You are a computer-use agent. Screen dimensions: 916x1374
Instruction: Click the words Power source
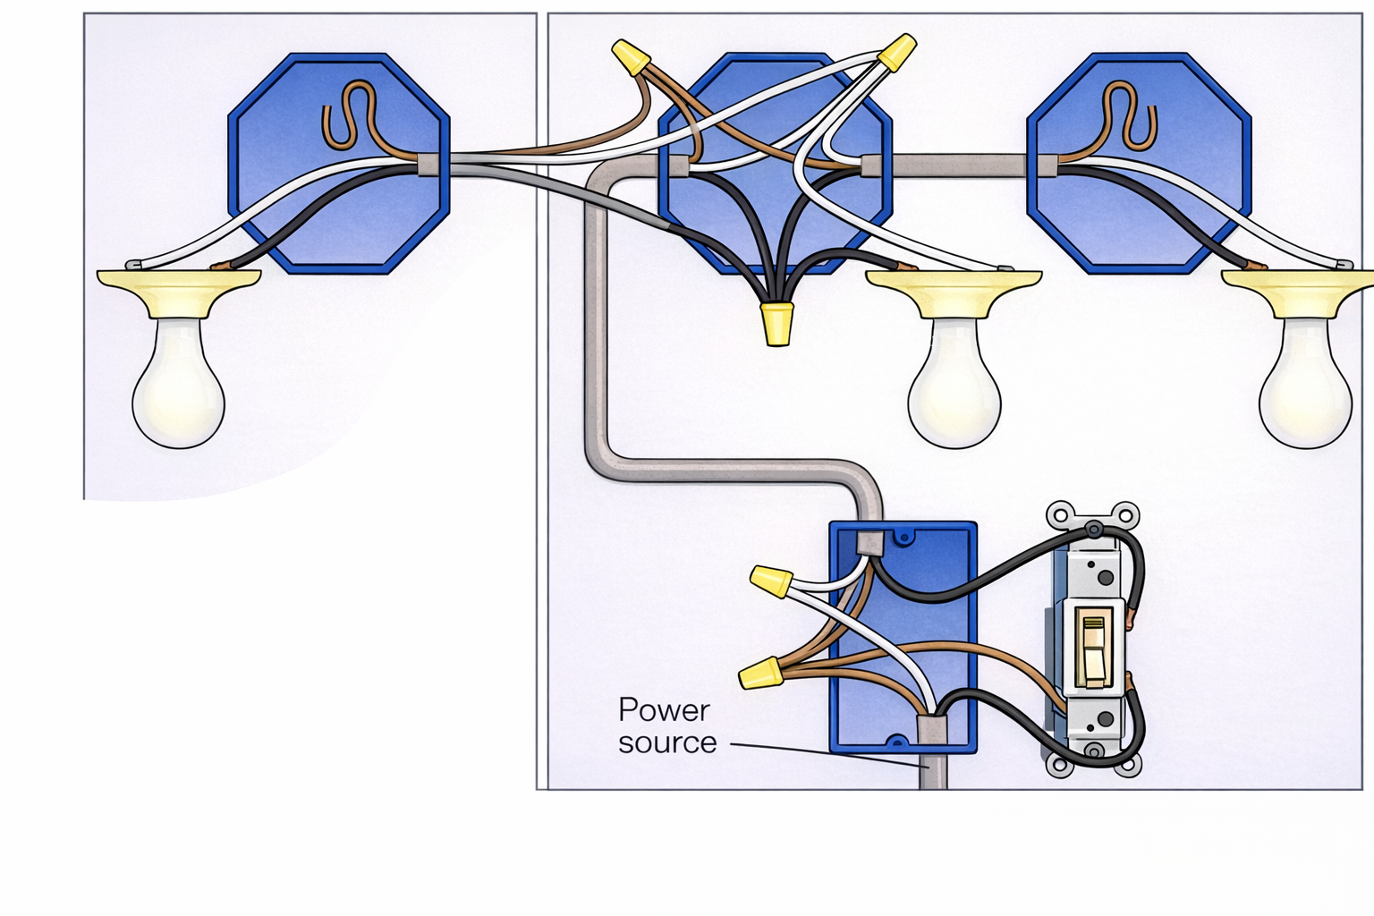tap(666, 726)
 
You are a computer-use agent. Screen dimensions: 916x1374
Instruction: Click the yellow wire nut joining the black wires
tap(776, 324)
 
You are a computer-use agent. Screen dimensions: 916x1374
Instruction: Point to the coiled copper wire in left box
tap(348, 116)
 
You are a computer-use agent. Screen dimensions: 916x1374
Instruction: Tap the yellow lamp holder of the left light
tap(179, 291)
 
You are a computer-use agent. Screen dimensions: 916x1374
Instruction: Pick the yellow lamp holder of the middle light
tap(954, 291)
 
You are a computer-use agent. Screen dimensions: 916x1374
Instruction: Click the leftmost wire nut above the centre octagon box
tap(631, 56)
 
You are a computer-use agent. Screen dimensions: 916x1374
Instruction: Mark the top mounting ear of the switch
tap(1094, 517)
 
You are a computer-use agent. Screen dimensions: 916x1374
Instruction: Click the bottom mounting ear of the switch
tap(1094, 764)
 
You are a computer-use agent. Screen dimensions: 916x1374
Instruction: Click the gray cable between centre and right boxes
tap(957, 165)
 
